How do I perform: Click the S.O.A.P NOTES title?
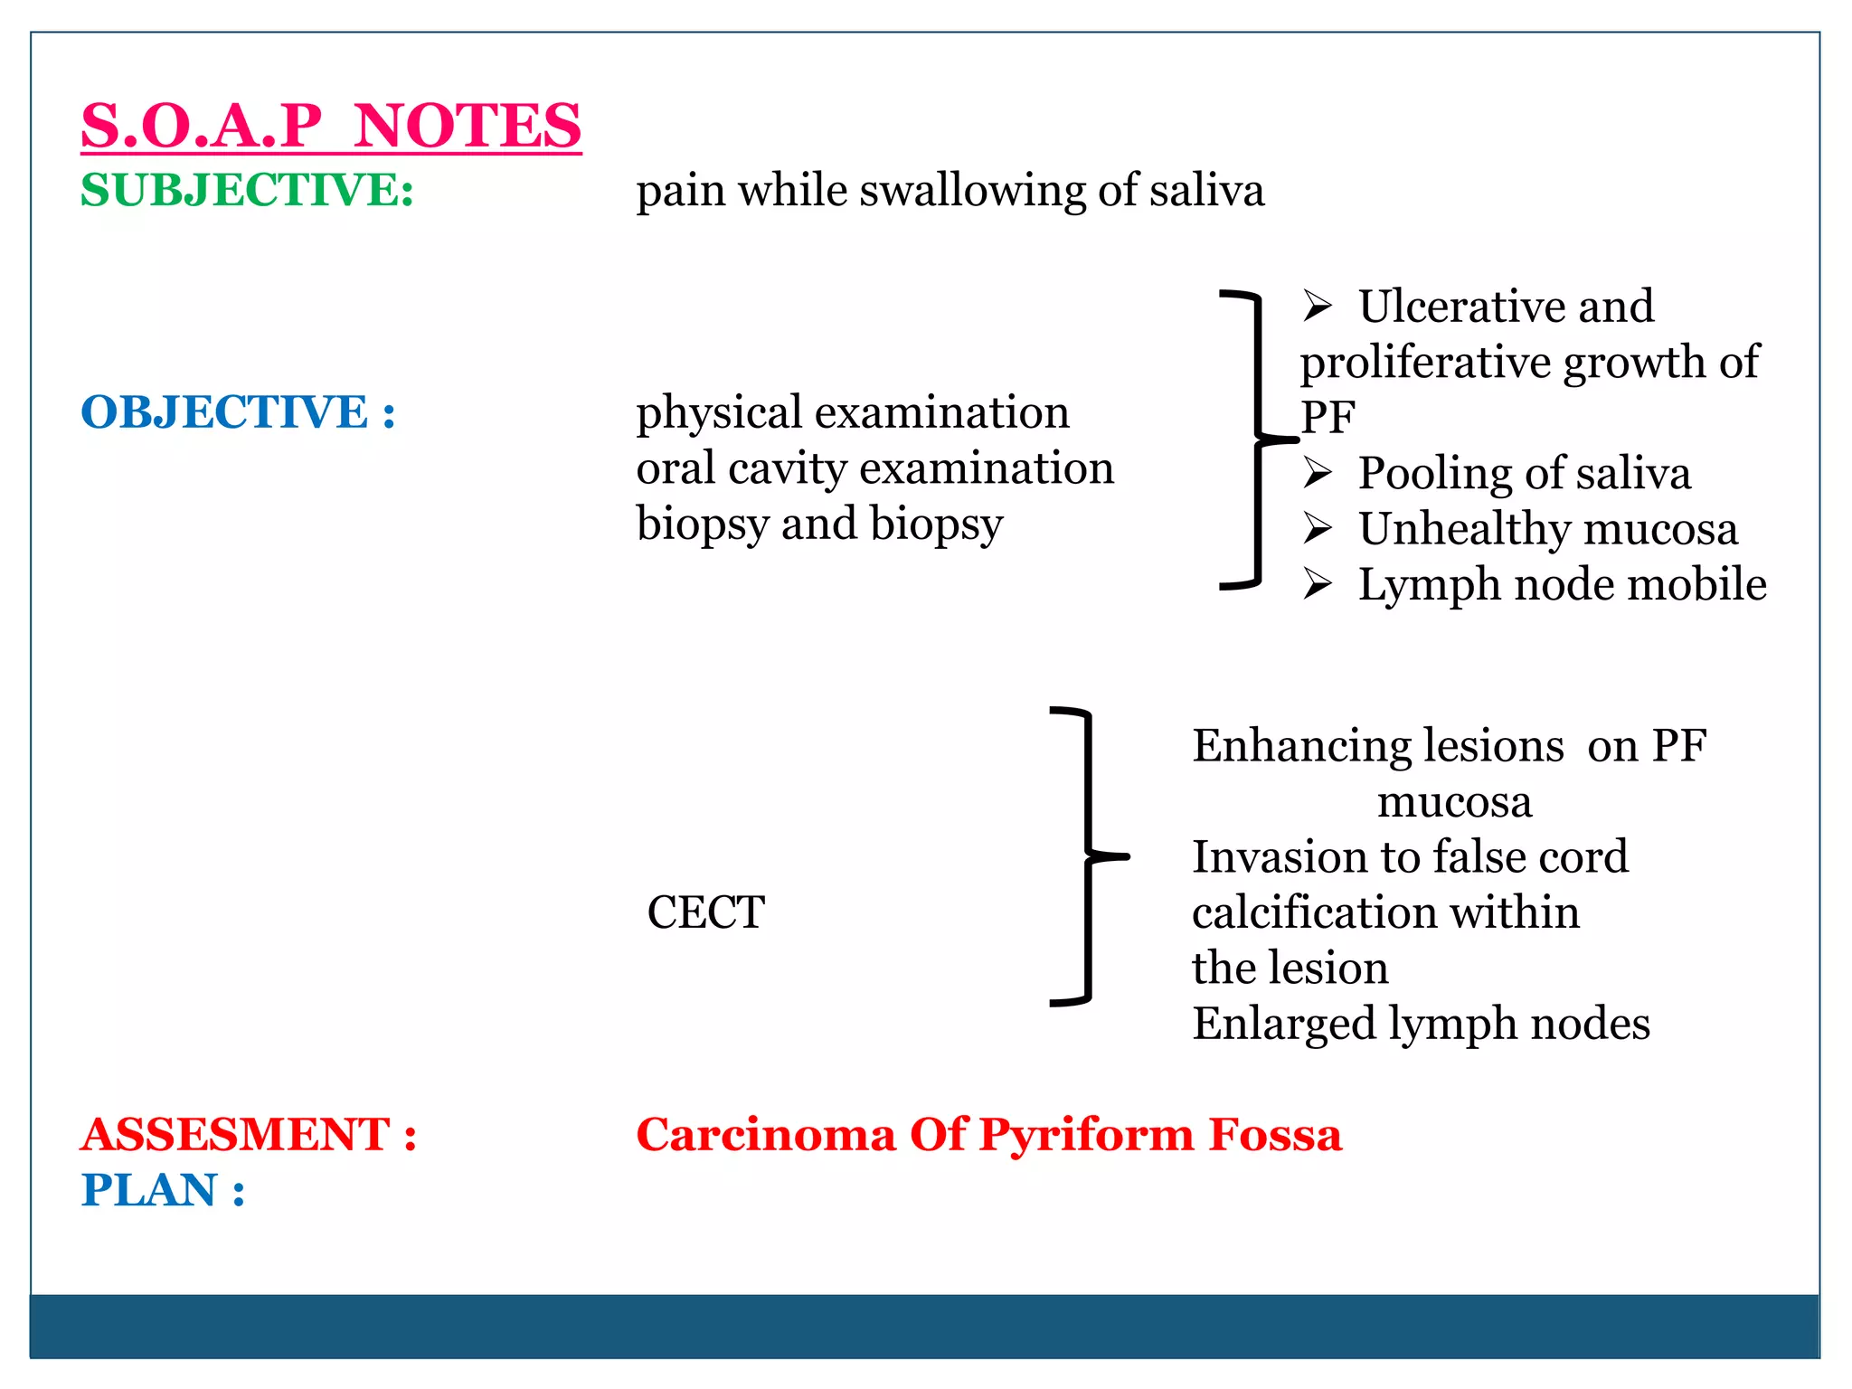tap(331, 126)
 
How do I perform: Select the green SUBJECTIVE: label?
tap(247, 191)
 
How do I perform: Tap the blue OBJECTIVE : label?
tap(238, 412)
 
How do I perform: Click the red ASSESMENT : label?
tap(249, 1134)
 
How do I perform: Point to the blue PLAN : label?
tap(163, 1190)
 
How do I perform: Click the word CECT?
tap(705, 912)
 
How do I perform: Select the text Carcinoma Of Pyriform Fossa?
tap(988, 1134)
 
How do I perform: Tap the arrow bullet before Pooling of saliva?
tap(1318, 473)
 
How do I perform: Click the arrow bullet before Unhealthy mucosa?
tap(1318, 529)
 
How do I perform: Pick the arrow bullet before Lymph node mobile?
tap(1318, 584)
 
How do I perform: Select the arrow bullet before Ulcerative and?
tap(1318, 307)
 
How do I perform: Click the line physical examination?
tap(852, 412)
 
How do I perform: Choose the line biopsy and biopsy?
tap(819, 524)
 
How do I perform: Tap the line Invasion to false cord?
tap(1410, 856)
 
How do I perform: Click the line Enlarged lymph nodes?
tap(1421, 1024)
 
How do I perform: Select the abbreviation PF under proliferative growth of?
tap(1328, 418)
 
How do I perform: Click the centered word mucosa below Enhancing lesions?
tap(1454, 801)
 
